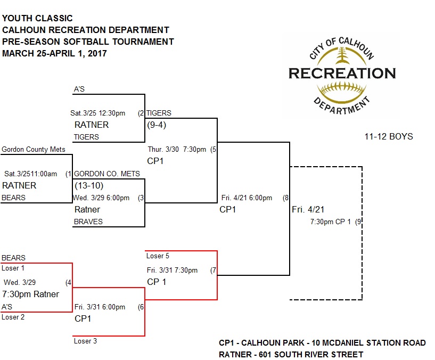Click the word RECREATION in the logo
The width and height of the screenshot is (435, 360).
pyautogui.click(x=342, y=73)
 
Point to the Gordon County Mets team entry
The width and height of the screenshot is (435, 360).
pyautogui.click(x=33, y=150)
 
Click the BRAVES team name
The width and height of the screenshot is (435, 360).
pyautogui.click(x=88, y=222)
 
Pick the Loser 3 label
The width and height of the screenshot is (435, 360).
pyautogui.click(x=85, y=341)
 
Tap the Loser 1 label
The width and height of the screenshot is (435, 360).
pyautogui.click(x=13, y=268)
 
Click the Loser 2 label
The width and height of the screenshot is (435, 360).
pyautogui.click(x=13, y=317)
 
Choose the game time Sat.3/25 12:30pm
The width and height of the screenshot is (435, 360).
pyautogui.click(x=98, y=113)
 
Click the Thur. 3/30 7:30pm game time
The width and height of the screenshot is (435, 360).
pyautogui.click(x=176, y=149)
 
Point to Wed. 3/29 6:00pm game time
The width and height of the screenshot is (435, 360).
pyautogui.click(x=102, y=198)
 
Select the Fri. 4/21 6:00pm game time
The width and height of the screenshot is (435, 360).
pyautogui.click(x=247, y=198)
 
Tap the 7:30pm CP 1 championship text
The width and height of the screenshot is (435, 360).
pyautogui.click(x=331, y=222)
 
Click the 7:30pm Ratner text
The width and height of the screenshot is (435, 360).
pyautogui.click(x=30, y=294)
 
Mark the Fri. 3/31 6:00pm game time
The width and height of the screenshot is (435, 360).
pyautogui.click(x=100, y=307)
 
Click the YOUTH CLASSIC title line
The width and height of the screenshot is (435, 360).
pyautogui.click(x=37, y=19)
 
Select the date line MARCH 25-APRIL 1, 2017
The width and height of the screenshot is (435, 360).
pyautogui.click(x=54, y=53)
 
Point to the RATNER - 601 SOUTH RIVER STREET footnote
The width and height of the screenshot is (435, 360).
pyautogui.click(x=291, y=354)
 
